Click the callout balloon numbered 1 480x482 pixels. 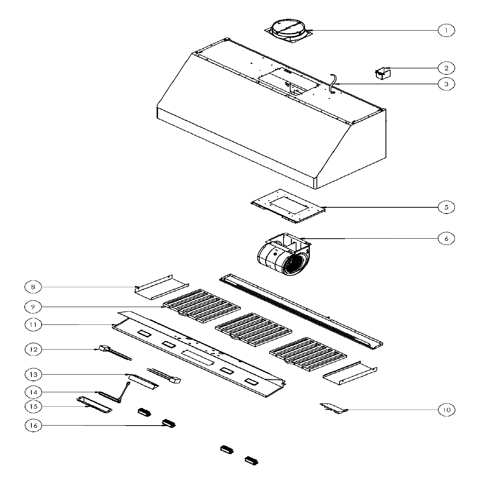[446, 31]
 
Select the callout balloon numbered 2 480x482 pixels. [446, 68]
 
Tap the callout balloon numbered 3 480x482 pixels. [446, 84]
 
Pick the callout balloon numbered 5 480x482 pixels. [446, 207]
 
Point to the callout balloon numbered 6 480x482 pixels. [446, 238]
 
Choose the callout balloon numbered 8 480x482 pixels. [33, 287]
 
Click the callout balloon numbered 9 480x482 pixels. [33, 307]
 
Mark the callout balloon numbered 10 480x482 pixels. [446, 410]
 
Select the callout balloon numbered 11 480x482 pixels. [33, 325]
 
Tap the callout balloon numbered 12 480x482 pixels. [33, 350]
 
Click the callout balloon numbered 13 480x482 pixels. [33, 375]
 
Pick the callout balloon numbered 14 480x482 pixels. [33, 392]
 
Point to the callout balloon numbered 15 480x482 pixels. [33, 406]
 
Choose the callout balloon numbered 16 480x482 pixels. [33, 425]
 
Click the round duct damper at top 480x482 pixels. [289, 31]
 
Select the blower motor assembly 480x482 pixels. [284, 254]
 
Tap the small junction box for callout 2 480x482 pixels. [383, 73]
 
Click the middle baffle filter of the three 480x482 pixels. [253, 330]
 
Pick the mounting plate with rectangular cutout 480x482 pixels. [288, 206]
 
